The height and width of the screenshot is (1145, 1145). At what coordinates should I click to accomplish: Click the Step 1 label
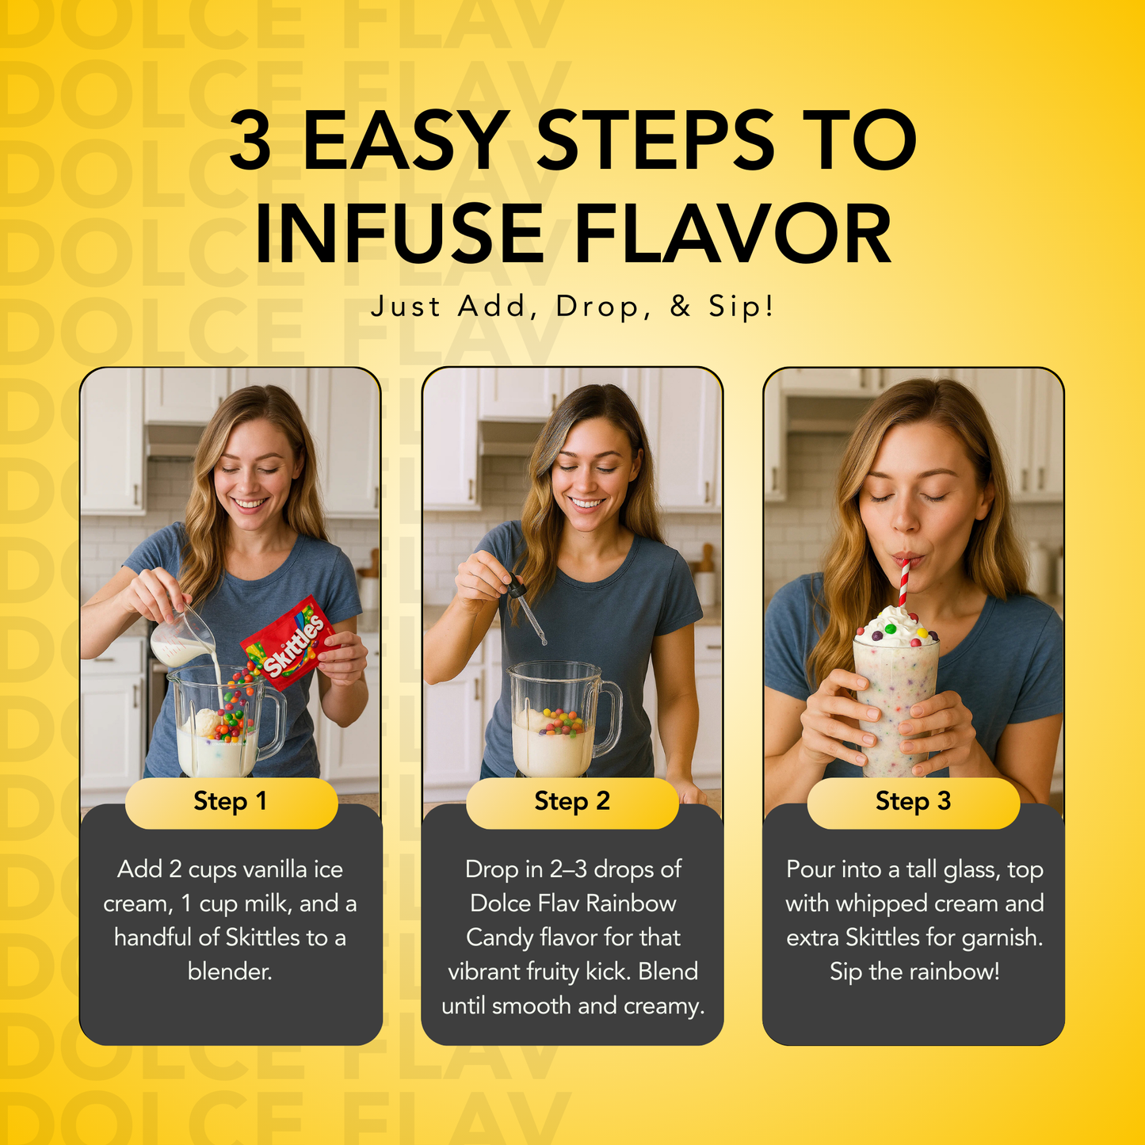coord(231,802)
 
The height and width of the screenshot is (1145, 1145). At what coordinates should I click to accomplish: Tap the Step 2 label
coord(572,802)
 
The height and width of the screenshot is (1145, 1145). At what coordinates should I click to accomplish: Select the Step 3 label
coord(914,802)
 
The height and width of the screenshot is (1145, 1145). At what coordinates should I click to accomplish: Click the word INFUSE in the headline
coord(399,234)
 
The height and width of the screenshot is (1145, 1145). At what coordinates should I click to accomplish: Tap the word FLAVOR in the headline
coord(733,234)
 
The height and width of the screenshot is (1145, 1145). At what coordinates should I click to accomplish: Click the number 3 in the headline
coord(250,140)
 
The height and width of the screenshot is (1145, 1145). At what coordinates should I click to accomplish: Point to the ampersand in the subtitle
coord(681,307)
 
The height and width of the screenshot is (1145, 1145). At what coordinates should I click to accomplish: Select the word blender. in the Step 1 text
coord(230,971)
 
